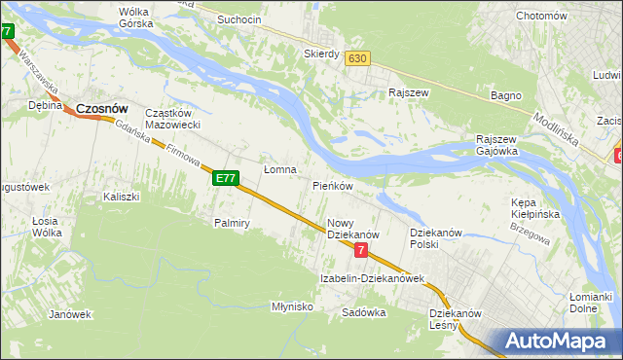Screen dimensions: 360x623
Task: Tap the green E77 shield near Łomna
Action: click(x=225, y=178)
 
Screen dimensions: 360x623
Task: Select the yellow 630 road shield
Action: click(x=357, y=58)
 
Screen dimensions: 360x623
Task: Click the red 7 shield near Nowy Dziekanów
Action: click(x=361, y=250)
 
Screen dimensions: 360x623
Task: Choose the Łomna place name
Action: click(x=280, y=169)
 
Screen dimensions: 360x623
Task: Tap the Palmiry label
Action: click(x=233, y=223)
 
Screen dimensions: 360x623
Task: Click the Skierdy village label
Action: click(x=321, y=54)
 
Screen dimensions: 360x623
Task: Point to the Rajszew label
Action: click(x=409, y=93)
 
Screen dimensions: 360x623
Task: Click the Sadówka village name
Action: click(x=365, y=313)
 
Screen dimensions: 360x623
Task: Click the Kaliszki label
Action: click(x=122, y=197)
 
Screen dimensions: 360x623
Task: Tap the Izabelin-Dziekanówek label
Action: click(x=373, y=279)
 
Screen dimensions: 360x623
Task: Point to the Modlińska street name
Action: click(x=556, y=127)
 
